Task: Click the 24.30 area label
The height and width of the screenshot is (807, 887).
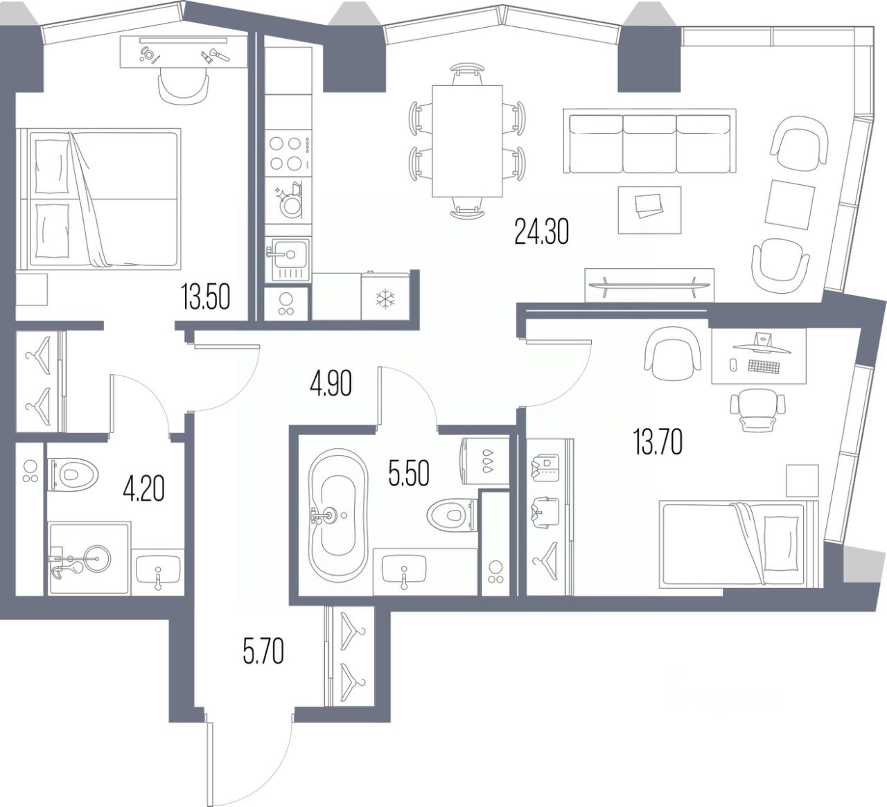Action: coord(541,231)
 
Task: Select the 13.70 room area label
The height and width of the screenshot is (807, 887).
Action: coord(658,442)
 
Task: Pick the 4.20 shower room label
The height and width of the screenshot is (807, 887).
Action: coord(143,489)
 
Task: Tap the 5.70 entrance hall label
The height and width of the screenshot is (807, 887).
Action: coord(263,652)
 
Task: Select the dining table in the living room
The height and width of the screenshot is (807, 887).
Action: coord(467,141)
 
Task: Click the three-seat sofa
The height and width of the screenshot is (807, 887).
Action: coord(649,144)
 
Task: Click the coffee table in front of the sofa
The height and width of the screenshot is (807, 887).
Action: coord(649,209)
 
